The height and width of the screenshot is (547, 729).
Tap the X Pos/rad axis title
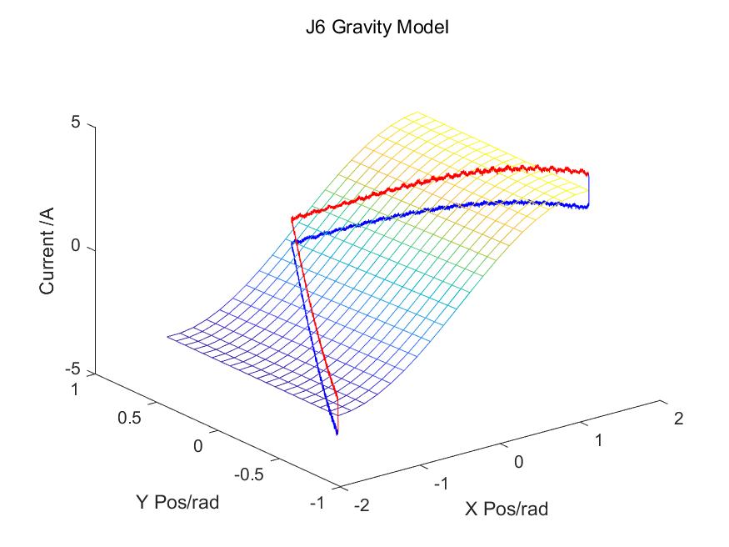point(507,508)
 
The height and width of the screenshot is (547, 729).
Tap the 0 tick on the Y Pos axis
point(198,446)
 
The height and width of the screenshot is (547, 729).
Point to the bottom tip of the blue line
point(337,433)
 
